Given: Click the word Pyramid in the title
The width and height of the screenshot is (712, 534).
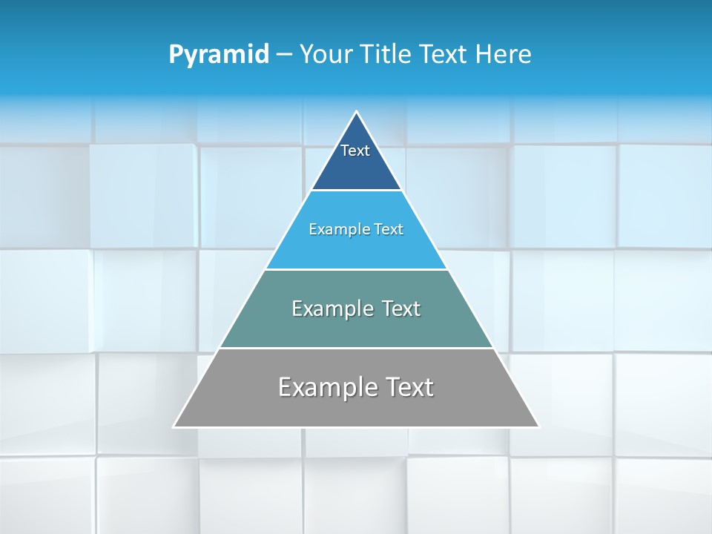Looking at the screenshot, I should (x=219, y=55).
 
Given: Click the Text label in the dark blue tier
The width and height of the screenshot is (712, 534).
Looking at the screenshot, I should (x=355, y=151).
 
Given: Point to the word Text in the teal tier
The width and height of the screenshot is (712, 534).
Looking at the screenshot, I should (x=400, y=309).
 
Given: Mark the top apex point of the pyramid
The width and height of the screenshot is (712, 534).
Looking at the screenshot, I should (x=357, y=112).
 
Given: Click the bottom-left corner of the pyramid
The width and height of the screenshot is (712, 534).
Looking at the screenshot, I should (x=174, y=426).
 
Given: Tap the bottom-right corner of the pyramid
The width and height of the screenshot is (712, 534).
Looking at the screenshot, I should (x=538, y=426).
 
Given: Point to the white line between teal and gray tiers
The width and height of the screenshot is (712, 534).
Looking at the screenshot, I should (x=356, y=348).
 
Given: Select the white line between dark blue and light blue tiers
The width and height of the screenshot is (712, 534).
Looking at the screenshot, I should (x=356, y=191).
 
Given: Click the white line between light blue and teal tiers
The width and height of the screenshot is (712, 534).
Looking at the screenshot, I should (x=356, y=269).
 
